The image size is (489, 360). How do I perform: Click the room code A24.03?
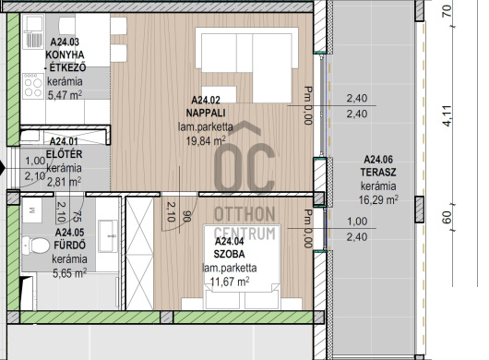coord(65,42)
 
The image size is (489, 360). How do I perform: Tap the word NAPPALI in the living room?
coord(206,113)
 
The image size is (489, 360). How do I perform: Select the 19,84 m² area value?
coord(206,140)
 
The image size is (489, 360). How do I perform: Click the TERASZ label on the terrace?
coord(378,172)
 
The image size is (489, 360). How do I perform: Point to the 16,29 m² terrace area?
coord(378,199)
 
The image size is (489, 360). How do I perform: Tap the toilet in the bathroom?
coord(36,245)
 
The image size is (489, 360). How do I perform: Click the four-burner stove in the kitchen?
coord(33,86)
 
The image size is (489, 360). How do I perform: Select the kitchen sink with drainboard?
coord(33,32)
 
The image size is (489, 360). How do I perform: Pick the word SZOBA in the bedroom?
coord(229,254)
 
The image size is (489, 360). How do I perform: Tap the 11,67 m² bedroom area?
coord(230,282)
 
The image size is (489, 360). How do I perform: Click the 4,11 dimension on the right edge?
coord(447,115)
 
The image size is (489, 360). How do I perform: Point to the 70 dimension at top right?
coord(447,11)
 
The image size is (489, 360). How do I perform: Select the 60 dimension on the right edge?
coord(447,217)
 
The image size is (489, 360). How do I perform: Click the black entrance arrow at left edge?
coord(3,168)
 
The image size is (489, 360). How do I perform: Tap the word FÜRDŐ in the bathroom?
coord(69,246)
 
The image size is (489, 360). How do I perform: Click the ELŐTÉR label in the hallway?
coord(64,154)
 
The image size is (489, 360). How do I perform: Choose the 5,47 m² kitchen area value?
coord(65,94)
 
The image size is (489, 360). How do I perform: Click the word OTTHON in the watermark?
coord(244,215)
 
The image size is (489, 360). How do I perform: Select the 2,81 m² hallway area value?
coord(64,182)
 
